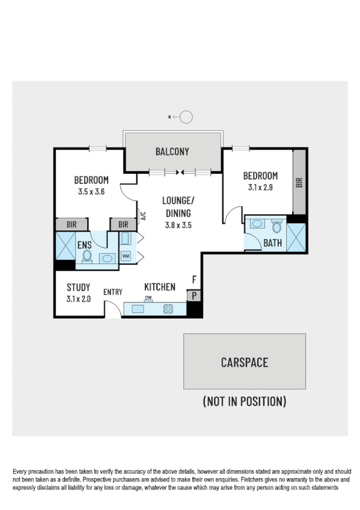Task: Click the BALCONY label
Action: tap(172, 152)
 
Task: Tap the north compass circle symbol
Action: tap(186, 117)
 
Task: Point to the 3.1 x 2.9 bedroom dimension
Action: tap(260, 187)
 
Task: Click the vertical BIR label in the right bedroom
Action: tap(299, 183)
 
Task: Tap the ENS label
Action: tap(84, 245)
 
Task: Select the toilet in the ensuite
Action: tap(87, 258)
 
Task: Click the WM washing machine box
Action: tap(126, 256)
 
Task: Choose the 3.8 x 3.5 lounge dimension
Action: tap(178, 226)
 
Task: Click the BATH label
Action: tap(272, 243)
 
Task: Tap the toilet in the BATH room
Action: tap(276, 227)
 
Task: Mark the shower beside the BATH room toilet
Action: tap(296, 236)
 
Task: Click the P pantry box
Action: tap(194, 295)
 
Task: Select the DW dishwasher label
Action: tap(148, 298)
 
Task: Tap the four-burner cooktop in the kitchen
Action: tap(168, 309)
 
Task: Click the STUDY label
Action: tap(79, 287)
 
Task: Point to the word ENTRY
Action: tap(113, 292)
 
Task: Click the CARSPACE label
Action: tap(244, 363)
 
